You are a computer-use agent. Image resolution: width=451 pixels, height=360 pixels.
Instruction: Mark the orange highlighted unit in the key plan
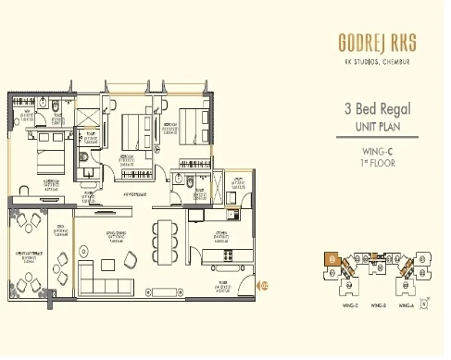[331, 260]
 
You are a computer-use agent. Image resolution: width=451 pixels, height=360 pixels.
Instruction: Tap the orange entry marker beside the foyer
[263, 285]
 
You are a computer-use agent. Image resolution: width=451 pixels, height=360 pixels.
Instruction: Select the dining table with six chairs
[167, 240]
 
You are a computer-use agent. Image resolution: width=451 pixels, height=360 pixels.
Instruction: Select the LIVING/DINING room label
[115, 236]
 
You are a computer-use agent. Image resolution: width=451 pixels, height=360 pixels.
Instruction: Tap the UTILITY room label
[238, 183]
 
